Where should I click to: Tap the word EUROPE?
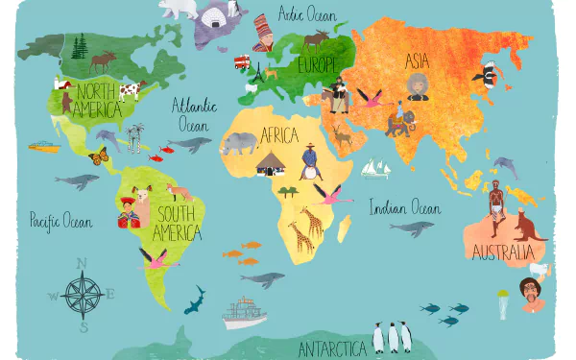[x=318, y=65]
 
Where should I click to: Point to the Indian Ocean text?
[x=405, y=207]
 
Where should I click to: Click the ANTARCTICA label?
[x=331, y=348]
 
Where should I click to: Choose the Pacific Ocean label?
[x=60, y=221]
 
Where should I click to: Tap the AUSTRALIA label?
[x=501, y=252]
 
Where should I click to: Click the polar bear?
[x=179, y=9]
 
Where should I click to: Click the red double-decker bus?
[x=242, y=62]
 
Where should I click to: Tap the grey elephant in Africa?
[x=238, y=144]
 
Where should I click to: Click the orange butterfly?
[x=98, y=156]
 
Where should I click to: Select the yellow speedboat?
[x=42, y=147]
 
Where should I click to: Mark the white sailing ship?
[x=375, y=168]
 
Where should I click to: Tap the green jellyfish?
[x=503, y=301]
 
